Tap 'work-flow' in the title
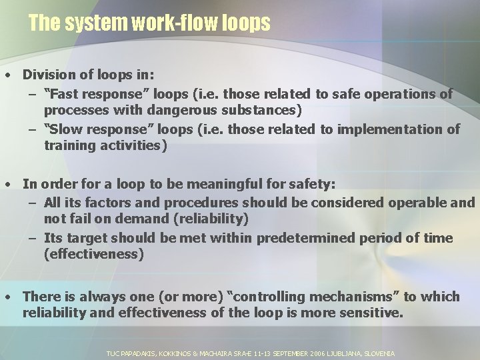(175, 23)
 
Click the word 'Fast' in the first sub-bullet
(66, 95)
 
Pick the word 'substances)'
(264, 109)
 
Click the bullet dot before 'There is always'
(7, 297)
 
